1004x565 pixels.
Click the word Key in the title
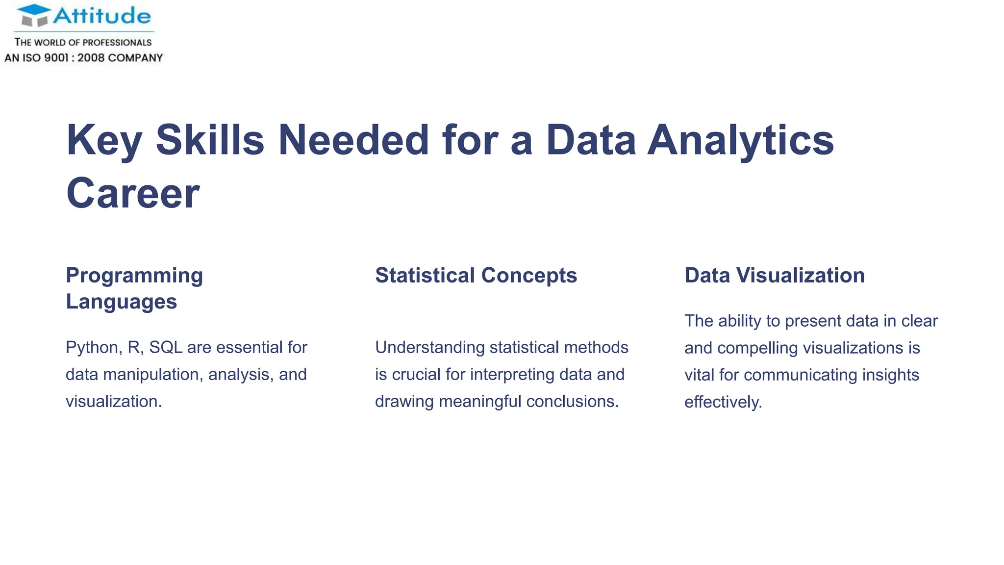[104, 140]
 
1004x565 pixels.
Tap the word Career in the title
[133, 193]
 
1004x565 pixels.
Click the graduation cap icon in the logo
[34, 15]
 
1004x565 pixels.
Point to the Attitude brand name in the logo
[102, 16]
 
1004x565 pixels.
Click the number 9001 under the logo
[56, 58]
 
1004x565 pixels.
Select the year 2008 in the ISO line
[91, 58]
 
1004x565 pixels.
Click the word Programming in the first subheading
[134, 276]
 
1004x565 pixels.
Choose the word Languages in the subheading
[121, 302]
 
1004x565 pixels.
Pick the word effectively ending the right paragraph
[723, 402]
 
